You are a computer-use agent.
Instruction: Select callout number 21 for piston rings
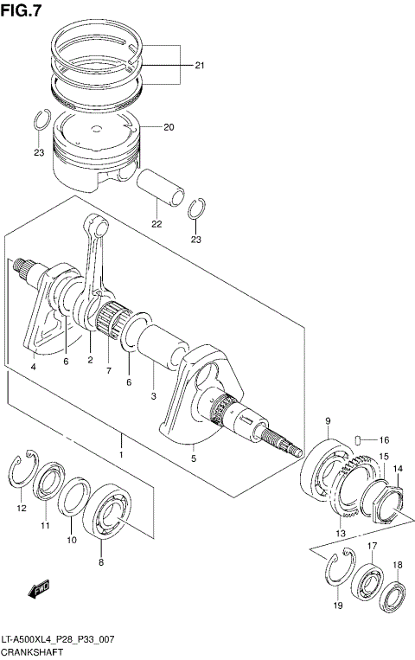(200, 66)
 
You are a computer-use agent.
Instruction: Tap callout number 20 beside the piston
(169, 127)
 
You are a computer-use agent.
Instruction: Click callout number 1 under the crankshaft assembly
(122, 454)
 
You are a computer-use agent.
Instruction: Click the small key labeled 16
(362, 439)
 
